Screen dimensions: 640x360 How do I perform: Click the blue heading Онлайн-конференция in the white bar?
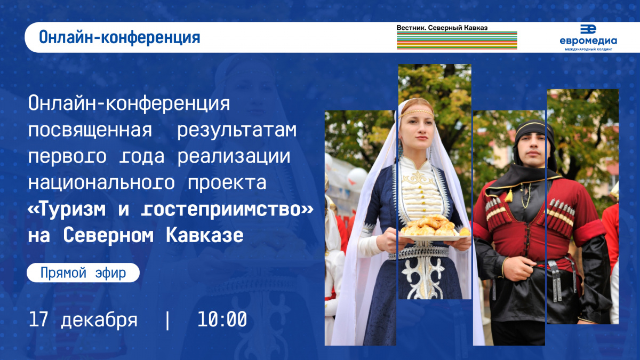point(119,38)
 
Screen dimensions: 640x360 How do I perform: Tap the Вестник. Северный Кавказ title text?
point(442,28)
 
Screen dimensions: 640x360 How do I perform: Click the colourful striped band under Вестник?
point(457,41)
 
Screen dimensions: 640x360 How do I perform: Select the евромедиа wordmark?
point(588,41)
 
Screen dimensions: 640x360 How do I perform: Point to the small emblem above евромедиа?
point(588,29)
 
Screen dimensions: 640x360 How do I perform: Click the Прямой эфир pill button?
point(83,273)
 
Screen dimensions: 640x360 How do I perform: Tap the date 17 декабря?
point(83,319)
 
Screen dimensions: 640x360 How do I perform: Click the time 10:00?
point(222,319)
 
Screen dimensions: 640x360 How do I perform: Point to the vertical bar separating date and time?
point(167,320)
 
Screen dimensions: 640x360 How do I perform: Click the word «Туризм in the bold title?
point(67,210)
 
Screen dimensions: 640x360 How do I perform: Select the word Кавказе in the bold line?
point(205,235)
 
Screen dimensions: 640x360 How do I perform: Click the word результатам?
point(237,131)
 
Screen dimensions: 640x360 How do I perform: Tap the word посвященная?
point(90,130)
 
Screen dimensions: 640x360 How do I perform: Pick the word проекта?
point(227,183)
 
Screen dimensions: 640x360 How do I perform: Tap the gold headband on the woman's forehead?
point(417,113)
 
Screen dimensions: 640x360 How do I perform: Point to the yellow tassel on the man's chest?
point(509,196)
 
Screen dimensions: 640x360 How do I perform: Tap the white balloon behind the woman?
point(357,179)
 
